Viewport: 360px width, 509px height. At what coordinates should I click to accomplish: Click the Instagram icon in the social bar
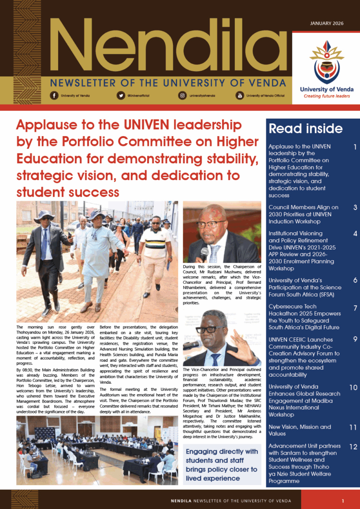tap(182, 96)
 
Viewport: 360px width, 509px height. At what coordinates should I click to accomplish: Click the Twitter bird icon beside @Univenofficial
tap(120, 96)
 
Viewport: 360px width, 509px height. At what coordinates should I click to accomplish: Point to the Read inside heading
tap(305, 129)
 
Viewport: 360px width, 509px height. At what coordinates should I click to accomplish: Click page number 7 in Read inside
tap(355, 308)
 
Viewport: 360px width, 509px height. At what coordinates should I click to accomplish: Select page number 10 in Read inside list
tap(353, 387)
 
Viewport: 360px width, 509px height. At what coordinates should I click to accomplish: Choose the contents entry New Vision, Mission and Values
tap(300, 430)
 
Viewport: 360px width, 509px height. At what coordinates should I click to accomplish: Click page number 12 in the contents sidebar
tap(353, 447)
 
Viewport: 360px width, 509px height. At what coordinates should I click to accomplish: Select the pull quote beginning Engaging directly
tap(222, 465)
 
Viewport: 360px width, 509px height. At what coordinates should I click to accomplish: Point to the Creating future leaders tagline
tap(327, 96)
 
